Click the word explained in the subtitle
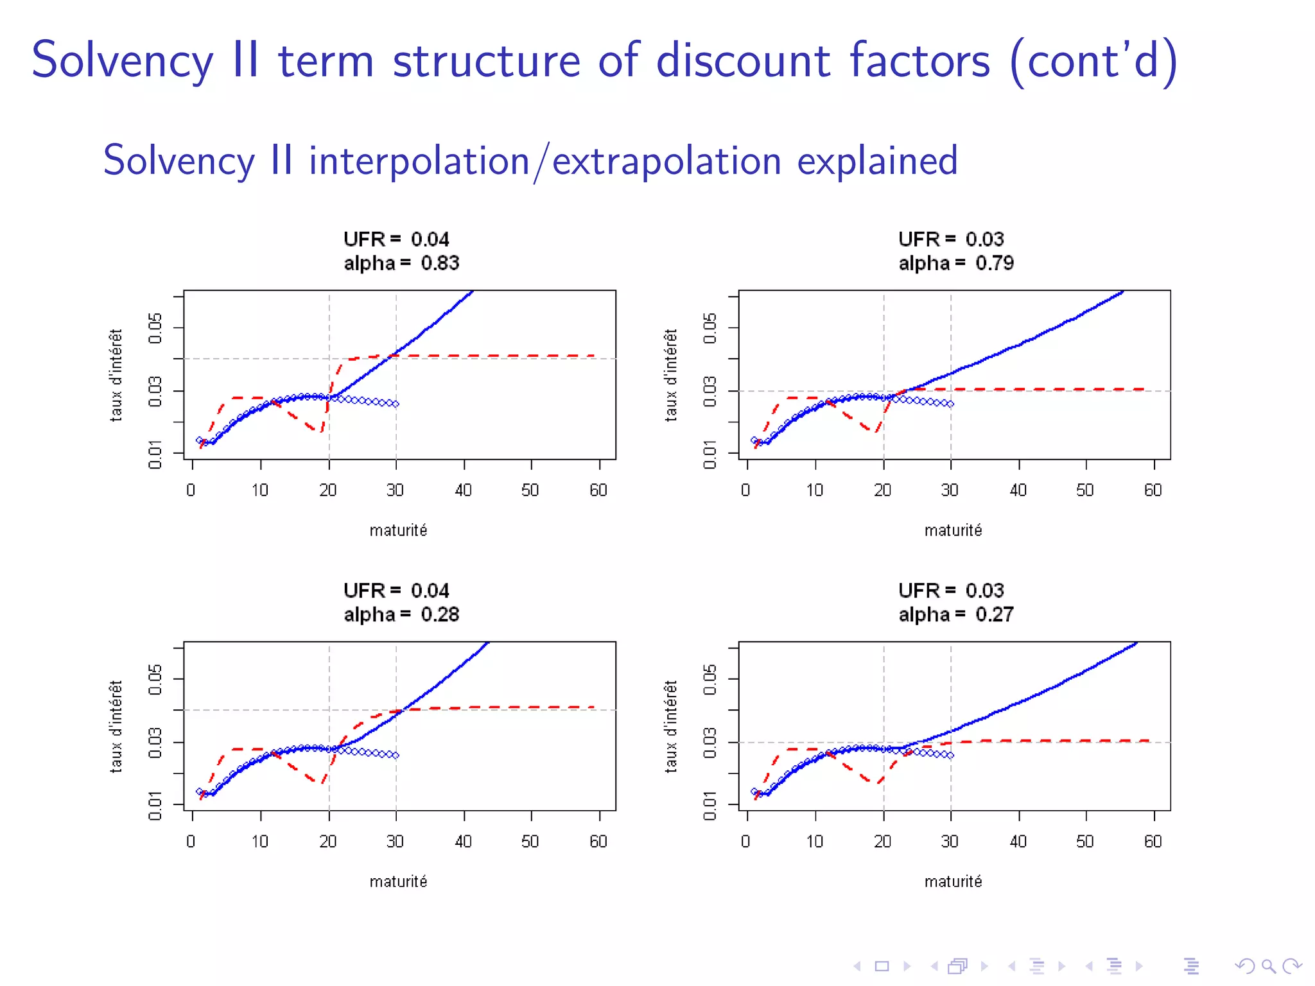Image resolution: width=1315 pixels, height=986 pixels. click(x=877, y=160)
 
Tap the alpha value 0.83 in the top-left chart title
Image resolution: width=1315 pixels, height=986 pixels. click(x=440, y=263)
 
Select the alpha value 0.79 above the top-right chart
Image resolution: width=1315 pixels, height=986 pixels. click(x=994, y=263)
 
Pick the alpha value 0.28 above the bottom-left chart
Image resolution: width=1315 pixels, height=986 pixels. click(x=440, y=614)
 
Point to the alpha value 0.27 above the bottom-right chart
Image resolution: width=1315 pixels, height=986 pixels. click(x=994, y=614)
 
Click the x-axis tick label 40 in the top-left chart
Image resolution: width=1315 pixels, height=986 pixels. click(x=463, y=490)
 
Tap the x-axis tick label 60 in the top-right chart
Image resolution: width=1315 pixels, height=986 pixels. click(x=1153, y=490)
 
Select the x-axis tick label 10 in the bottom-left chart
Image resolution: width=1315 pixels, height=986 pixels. click(x=259, y=842)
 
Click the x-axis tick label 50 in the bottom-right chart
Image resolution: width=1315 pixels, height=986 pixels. click(x=1084, y=842)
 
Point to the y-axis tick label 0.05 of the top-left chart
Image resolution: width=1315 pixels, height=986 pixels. click(x=155, y=328)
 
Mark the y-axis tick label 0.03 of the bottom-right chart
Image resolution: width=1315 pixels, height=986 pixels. click(x=710, y=743)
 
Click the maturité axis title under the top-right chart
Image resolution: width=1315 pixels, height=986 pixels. click(x=953, y=530)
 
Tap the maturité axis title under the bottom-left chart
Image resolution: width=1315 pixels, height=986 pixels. click(x=398, y=881)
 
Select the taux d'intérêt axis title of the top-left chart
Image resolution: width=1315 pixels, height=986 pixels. click(x=116, y=375)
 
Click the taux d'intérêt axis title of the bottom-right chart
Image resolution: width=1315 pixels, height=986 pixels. click(x=670, y=726)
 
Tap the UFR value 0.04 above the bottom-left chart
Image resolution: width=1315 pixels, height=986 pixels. click(x=430, y=591)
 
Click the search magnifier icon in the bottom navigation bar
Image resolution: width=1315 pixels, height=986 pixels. click(x=1268, y=966)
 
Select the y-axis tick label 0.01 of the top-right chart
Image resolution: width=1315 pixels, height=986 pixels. click(x=710, y=454)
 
